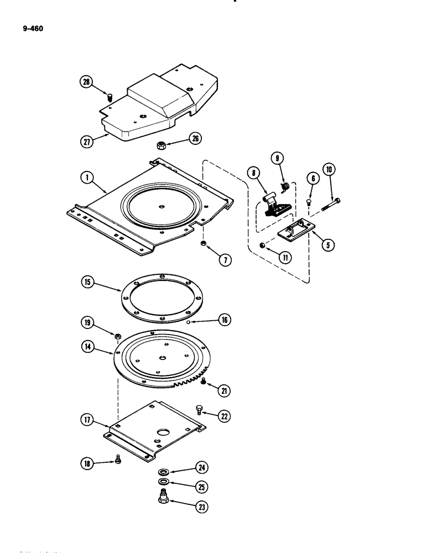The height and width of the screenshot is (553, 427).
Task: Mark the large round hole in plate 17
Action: click(165, 430)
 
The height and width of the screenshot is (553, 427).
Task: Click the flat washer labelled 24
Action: click(164, 472)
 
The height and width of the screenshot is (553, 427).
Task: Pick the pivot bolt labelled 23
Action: click(164, 499)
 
